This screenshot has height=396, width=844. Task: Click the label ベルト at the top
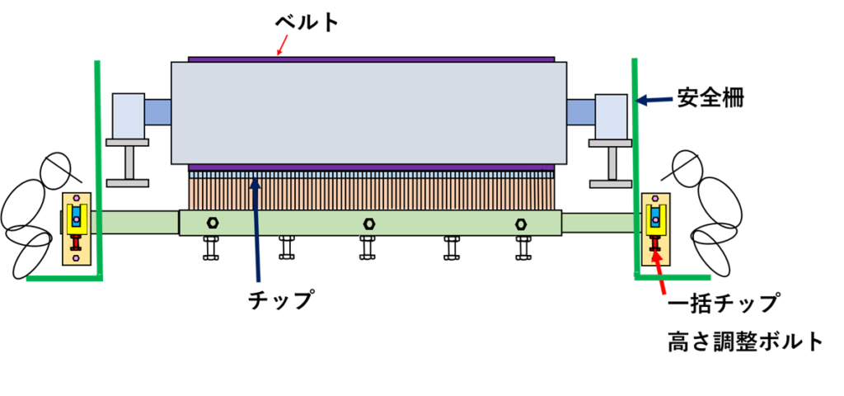(307, 22)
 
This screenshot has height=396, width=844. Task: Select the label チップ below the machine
(281, 300)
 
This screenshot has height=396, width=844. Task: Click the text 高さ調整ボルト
(745, 342)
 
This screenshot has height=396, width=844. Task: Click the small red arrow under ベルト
(281, 49)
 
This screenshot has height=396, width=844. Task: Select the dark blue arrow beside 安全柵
(655, 101)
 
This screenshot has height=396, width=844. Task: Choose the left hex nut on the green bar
(213, 223)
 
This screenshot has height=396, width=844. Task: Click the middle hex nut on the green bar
(368, 223)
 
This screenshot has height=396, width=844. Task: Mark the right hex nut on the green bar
(520, 223)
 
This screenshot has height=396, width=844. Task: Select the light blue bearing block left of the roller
(127, 116)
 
